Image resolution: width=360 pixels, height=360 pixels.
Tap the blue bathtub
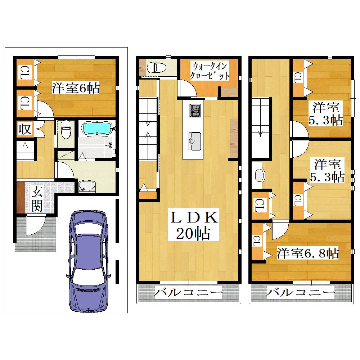(97, 128)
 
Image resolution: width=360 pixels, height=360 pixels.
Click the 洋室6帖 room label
(76, 88)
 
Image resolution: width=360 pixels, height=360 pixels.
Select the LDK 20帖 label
(194, 225)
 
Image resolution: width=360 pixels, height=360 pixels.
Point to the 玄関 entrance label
(37, 199)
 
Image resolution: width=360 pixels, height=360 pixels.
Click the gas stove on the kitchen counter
(195, 110)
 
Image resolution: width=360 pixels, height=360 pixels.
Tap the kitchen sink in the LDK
(195, 141)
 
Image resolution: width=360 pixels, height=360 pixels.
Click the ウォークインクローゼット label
(210, 71)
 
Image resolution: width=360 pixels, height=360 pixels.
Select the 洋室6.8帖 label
(308, 253)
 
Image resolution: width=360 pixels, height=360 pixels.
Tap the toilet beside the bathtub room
(66, 130)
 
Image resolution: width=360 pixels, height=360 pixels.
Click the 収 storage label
(25, 129)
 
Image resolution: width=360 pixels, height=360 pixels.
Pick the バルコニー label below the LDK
(188, 292)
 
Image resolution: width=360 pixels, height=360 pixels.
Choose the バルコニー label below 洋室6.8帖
(301, 292)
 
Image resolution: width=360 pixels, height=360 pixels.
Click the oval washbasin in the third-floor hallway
(259, 176)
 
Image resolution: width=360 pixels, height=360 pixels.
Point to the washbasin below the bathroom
(86, 186)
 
